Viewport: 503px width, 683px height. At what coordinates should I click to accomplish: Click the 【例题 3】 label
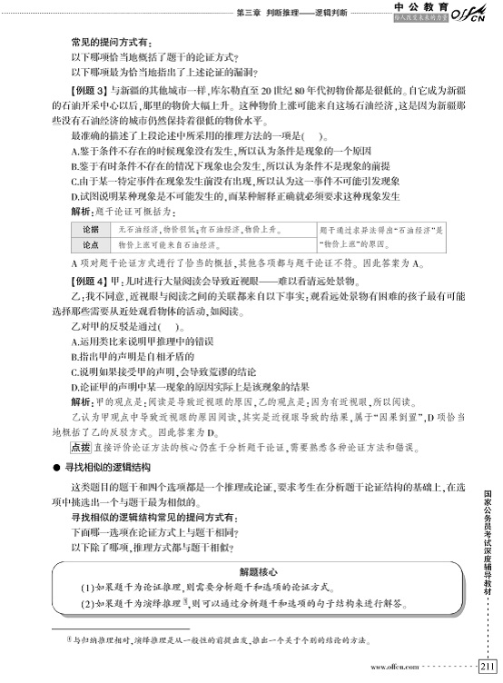click(89, 93)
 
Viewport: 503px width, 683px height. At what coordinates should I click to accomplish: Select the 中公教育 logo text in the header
click(418, 6)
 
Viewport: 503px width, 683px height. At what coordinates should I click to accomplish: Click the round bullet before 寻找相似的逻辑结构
click(56, 466)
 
